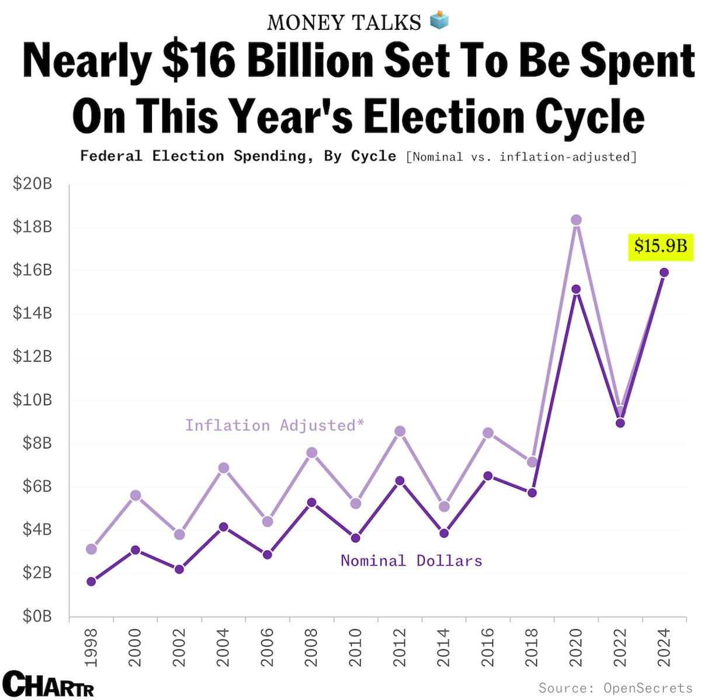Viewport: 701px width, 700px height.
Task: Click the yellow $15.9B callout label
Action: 660,246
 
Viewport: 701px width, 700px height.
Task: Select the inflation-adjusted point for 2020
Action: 576,220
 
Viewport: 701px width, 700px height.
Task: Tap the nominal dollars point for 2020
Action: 576,289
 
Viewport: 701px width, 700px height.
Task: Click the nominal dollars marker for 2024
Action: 664,272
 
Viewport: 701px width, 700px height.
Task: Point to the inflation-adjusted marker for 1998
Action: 91,549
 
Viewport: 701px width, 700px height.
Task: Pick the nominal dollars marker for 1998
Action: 91,581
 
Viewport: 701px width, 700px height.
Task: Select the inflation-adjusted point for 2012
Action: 400,431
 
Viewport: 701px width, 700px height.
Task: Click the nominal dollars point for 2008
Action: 311,502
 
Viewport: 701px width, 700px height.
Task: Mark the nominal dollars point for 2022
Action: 620,423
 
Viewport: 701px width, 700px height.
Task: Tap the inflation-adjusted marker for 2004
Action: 223,468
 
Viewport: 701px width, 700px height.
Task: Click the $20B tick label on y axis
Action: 32,184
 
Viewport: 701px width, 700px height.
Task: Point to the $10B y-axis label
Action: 32,401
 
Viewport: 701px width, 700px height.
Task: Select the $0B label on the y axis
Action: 36,617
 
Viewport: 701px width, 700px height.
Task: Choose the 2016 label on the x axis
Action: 488,647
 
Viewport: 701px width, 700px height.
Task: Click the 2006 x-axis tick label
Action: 268,647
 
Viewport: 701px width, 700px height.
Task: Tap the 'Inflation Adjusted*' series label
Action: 275,425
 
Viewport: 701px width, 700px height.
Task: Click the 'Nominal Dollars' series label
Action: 411,560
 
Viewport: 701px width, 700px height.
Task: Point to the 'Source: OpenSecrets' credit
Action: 615,688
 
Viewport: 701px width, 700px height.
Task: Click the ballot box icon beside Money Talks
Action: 439,21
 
